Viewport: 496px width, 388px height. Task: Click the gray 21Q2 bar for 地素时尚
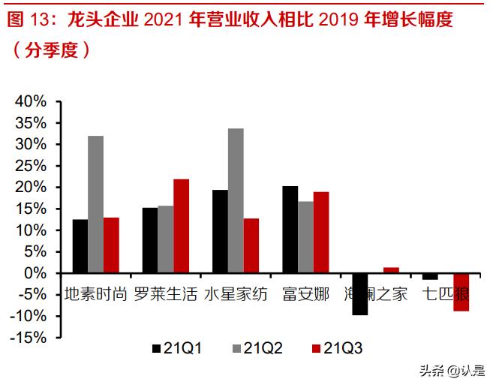(x=95, y=204)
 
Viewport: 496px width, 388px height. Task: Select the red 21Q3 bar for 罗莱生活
(x=181, y=226)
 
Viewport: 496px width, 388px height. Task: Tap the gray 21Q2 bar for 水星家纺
(x=236, y=201)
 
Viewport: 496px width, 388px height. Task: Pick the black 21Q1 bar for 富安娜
(x=290, y=230)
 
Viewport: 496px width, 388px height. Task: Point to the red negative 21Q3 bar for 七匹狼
(x=461, y=292)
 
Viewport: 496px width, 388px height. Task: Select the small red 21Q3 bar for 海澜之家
(x=391, y=270)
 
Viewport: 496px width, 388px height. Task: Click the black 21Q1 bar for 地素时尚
(x=80, y=246)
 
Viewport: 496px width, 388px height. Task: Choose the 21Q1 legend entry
(x=176, y=348)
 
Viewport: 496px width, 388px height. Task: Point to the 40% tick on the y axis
(x=32, y=101)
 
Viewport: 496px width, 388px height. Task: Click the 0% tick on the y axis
(x=37, y=274)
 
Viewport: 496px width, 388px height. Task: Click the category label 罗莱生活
(x=166, y=293)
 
